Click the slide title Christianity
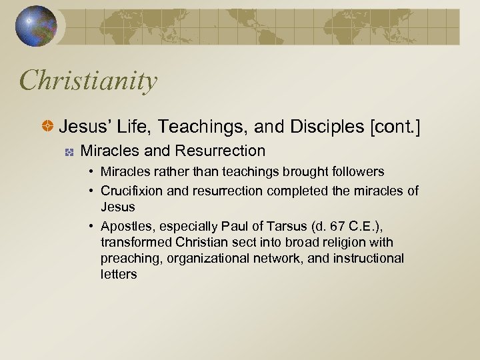coord(88,81)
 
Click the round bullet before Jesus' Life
coord(49,126)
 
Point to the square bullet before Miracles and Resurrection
coord(68,152)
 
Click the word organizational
coord(208,258)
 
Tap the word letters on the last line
coord(119,274)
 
